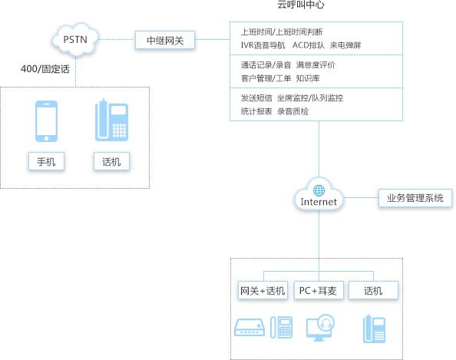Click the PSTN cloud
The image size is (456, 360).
(75, 40)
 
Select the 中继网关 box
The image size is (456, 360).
(165, 40)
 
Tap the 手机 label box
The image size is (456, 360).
(46, 161)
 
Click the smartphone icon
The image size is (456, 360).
(46, 121)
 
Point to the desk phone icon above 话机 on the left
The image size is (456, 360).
(111, 121)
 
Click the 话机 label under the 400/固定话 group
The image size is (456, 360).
(111, 161)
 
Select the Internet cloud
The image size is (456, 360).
(319, 194)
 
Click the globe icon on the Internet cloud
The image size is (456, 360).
(319, 190)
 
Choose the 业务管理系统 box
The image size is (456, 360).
(415, 198)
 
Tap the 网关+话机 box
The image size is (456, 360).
(263, 290)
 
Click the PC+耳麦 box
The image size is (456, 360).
(319, 290)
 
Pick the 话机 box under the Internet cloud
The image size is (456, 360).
(373, 290)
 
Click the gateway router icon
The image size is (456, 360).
(249, 328)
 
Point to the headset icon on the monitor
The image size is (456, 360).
(326, 323)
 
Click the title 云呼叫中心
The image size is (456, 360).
(301, 5)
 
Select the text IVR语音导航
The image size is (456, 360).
(263, 45)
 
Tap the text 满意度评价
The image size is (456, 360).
(316, 64)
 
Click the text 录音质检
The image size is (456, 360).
(292, 111)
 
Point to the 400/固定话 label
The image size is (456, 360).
(45, 69)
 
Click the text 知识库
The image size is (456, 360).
(308, 78)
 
